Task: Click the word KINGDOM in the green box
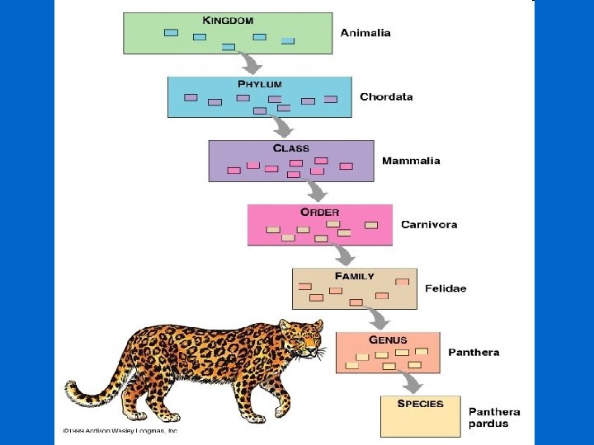coord(228,20)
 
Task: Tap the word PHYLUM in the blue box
coord(260,84)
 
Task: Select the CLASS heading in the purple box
coord(291,148)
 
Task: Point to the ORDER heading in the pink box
coord(320,212)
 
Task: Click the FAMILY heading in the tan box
coord(354,276)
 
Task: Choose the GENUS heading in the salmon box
coord(388,340)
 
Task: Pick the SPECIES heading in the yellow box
coord(420,404)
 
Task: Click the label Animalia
coord(366,34)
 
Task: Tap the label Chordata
coord(386,96)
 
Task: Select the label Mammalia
coord(411,161)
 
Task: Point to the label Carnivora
coord(429,224)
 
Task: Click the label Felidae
coord(445,288)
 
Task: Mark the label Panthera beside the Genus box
coord(474,353)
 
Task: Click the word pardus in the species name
coord(488,424)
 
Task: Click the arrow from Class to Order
coord(316,191)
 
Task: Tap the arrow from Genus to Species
coord(408,382)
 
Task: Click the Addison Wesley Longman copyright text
coord(120,430)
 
